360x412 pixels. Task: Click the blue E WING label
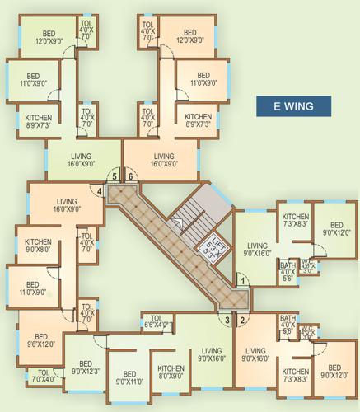point(292,105)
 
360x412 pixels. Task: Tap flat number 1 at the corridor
point(243,282)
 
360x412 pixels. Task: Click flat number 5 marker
point(115,176)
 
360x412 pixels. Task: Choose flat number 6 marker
point(130,176)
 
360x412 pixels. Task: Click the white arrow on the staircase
point(176,222)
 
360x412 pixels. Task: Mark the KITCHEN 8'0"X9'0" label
point(171,372)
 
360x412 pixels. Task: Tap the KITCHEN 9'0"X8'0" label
point(37,246)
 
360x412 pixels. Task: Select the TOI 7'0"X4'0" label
point(44,377)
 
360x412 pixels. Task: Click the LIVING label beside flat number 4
point(66,205)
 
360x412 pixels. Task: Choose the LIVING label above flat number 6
point(164,159)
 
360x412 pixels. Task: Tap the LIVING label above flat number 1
point(258,250)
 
